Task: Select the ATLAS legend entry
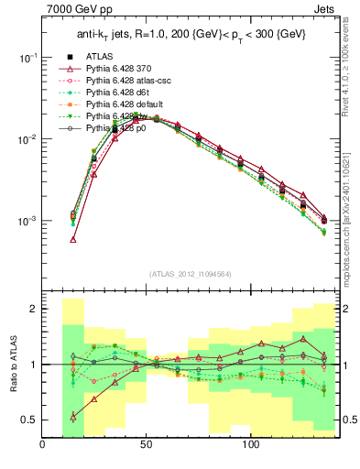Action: [x=99, y=56]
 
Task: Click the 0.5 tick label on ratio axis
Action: [x=28, y=420]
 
